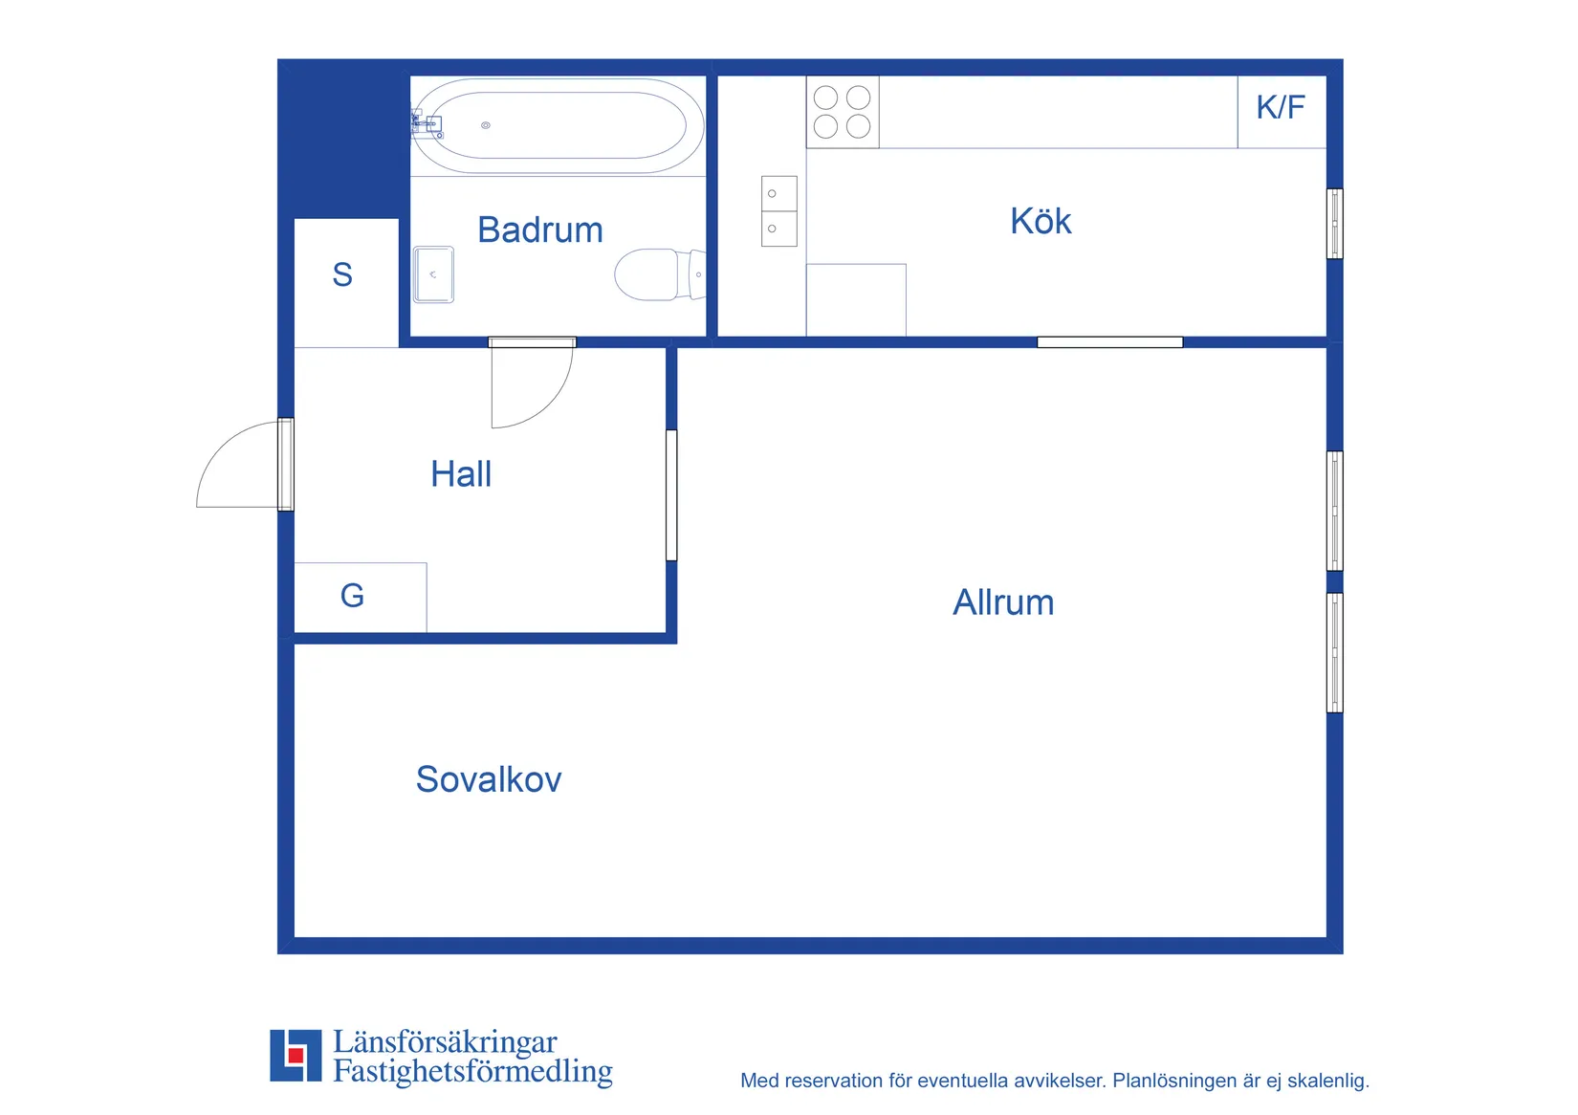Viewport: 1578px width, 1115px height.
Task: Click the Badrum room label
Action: pyautogui.click(x=540, y=230)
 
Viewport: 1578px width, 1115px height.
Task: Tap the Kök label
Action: pyautogui.click(x=1041, y=221)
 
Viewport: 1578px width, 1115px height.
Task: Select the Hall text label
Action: pyautogui.click(x=461, y=474)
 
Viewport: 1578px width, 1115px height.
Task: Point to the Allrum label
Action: pyautogui.click(x=1003, y=603)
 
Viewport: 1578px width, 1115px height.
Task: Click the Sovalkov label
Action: pyautogui.click(x=488, y=779)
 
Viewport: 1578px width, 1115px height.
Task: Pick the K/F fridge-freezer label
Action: pyautogui.click(x=1281, y=108)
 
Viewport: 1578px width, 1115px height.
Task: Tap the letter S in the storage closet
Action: pyautogui.click(x=342, y=274)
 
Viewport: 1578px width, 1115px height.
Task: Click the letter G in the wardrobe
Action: pyautogui.click(x=352, y=596)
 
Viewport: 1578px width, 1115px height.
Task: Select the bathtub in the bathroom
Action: pyautogui.click(x=558, y=126)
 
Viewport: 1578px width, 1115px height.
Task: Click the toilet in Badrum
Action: pyautogui.click(x=660, y=274)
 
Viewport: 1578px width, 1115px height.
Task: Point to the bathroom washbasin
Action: pyautogui.click(x=433, y=274)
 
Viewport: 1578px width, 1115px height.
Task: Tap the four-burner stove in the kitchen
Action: pyautogui.click(x=843, y=112)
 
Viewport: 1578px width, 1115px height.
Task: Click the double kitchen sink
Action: pyautogui.click(x=779, y=211)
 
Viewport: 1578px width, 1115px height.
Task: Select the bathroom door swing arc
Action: pyautogui.click(x=550, y=405)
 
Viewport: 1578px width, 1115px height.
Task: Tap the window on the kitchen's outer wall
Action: pyautogui.click(x=1334, y=224)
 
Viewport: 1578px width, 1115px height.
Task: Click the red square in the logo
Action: pyautogui.click(x=296, y=1055)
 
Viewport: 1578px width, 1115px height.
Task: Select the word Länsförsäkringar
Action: pyautogui.click(x=445, y=1042)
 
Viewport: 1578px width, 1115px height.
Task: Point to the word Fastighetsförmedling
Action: pyautogui.click(x=472, y=1071)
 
